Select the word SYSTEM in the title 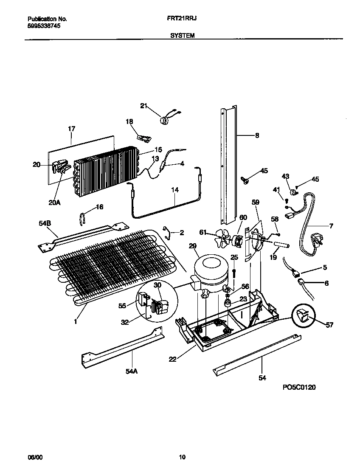[183, 36]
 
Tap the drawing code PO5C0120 [299, 387]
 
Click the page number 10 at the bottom [182, 457]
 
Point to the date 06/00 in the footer [35, 457]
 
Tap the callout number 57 [330, 325]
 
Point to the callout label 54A [132, 371]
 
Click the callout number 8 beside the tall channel [257, 136]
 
